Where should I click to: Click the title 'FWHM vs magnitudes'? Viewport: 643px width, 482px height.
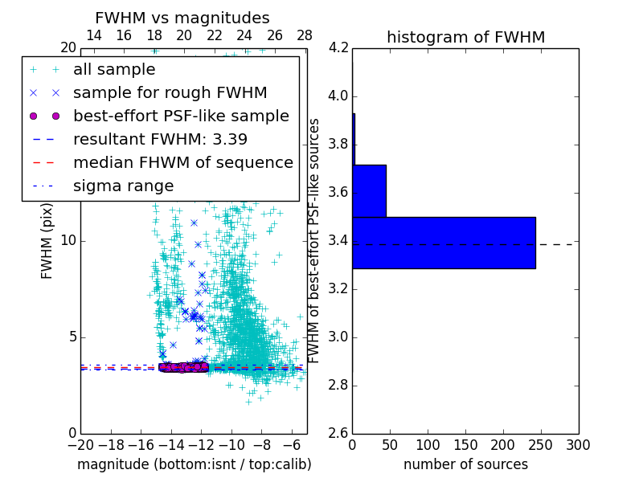pyautogui.click(x=182, y=18)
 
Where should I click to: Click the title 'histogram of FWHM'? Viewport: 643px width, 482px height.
pyautogui.click(x=465, y=37)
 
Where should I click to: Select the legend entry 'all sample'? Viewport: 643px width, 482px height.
pyautogui.click(x=114, y=70)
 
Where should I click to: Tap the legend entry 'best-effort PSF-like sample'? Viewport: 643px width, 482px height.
pyautogui.click(x=181, y=116)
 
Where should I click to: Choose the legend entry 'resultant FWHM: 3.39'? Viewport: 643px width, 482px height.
pyautogui.click(x=160, y=139)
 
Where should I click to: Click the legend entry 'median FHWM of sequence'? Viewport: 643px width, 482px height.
pyautogui.click(x=182, y=162)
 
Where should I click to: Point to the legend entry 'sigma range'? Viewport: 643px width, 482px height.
pyautogui.click(x=123, y=186)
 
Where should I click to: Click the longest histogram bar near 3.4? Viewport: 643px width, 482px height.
pyautogui.click(x=444, y=243)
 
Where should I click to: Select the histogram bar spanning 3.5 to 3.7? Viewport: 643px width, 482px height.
pyautogui.click(x=369, y=190)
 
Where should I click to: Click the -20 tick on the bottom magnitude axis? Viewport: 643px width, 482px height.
pyautogui.click(x=80, y=444)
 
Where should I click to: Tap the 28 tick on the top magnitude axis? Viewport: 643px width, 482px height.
pyautogui.click(x=305, y=35)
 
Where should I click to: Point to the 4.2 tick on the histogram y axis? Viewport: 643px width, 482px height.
pyautogui.click(x=339, y=48)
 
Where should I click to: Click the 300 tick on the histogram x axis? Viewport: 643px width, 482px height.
pyautogui.click(x=578, y=444)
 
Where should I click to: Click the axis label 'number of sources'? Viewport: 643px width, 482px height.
pyautogui.click(x=465, y=464)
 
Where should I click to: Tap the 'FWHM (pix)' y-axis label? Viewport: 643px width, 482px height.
pyautogui.click(x=47, y=240)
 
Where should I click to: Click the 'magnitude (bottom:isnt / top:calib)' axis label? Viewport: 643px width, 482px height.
pyautogui.click(x=194, y=464)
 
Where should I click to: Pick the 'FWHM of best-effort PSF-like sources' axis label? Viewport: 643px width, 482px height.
pyautogui.click(x=315, y=240)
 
